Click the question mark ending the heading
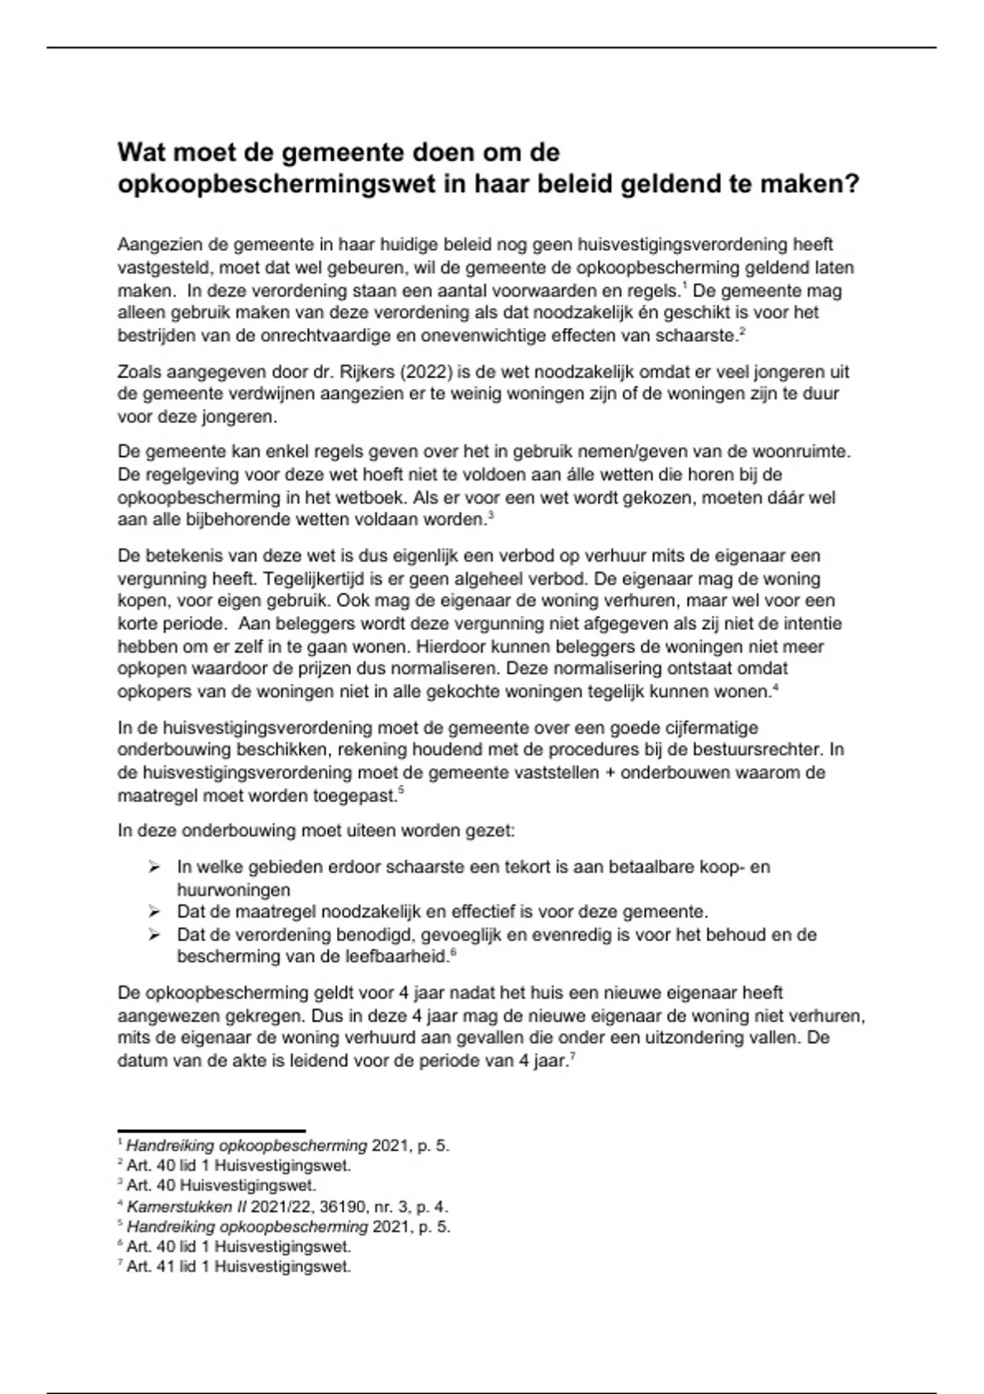coord(852,184)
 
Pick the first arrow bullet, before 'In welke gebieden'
coord(153,867)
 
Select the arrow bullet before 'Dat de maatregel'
coord(153,912)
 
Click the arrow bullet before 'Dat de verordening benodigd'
coord(153,935)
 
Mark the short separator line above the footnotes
coord(212,1131)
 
